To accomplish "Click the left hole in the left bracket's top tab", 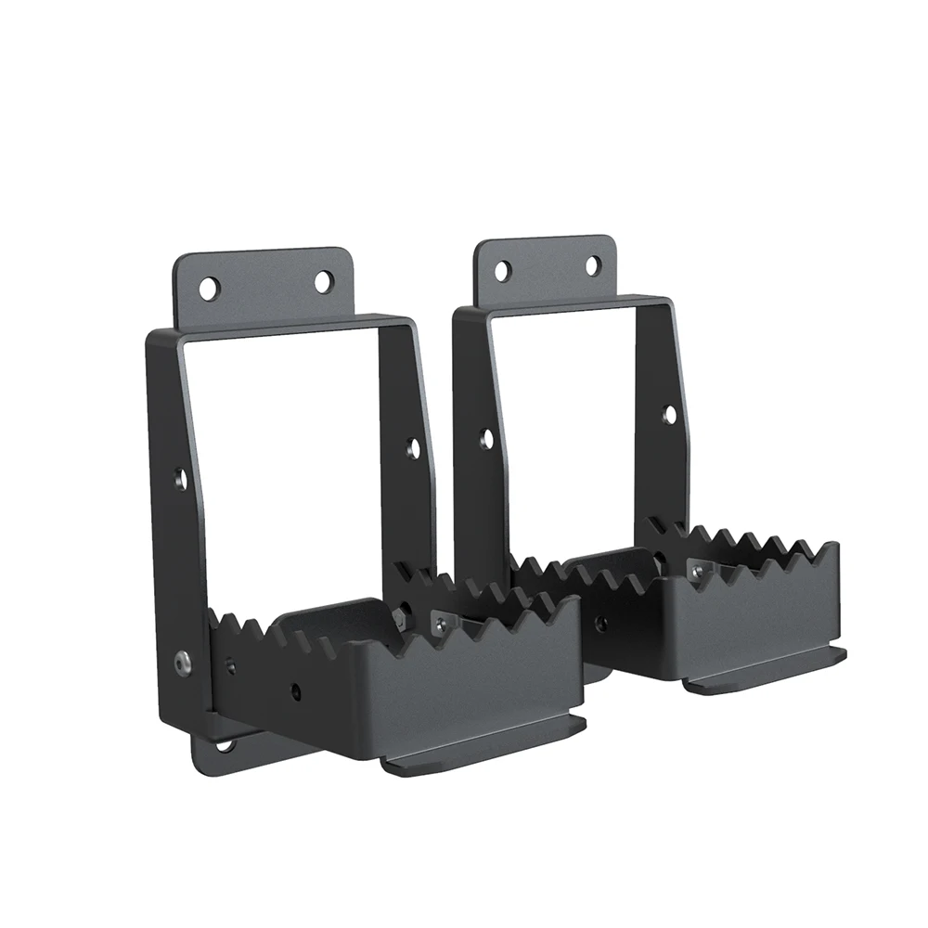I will pos(209,288).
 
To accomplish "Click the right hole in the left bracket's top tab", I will pos(323,281).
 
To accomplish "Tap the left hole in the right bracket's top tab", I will pos(503,271).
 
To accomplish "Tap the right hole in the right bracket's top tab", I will pos(592,265).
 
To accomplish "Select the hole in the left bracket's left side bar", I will pos(181,479).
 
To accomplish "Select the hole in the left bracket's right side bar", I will pos(413,448).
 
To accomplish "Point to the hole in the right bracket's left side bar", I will pos(484,436).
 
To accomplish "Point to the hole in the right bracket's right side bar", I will pos(669,414).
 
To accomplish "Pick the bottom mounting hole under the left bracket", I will pos(225,744).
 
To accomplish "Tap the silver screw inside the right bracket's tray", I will pos(695,569).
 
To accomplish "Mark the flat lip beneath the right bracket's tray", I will pos(766,668).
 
